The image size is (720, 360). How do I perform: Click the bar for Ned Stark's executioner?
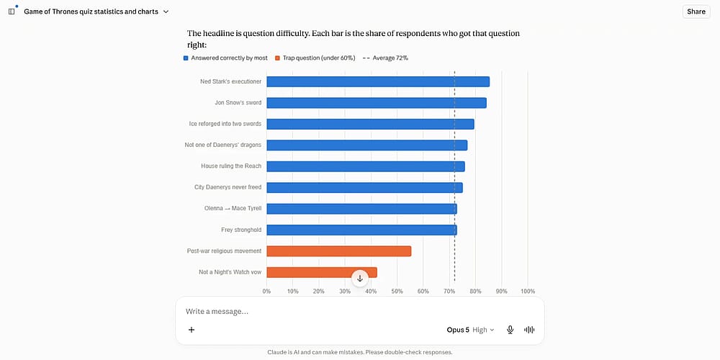click(x=378, y=82)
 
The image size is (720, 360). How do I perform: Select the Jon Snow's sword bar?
click(x=377, y=103)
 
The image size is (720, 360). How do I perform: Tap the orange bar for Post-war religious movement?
click(x=339, y=251)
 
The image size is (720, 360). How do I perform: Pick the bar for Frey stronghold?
click(x=362, y=230)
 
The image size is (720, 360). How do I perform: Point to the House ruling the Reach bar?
click(x=366, y=166)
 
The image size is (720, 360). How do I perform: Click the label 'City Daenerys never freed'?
click(x=228, y=187)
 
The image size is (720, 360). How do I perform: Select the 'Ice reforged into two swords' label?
click(x=225, y=124)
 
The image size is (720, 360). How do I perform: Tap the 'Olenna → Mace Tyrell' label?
click(x=233, y=209)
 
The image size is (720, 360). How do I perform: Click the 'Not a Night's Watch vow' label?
click(x=230, y=272)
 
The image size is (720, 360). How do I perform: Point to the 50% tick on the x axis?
click(x=397, y=292)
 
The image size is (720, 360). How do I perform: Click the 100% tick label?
click(x=528, y=292)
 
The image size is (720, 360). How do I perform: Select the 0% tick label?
click(x=266, y=292)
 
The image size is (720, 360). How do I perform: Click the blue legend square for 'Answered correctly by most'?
click(x=186, y=58)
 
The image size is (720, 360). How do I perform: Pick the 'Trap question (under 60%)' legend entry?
click(x=315, y=58)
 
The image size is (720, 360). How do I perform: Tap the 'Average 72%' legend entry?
click(x=385, y=58)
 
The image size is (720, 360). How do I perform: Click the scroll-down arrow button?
click(x=360, y=278)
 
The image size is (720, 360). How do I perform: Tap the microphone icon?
click(x=510, y=330)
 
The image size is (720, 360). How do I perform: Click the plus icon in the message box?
click(x=192, y=330)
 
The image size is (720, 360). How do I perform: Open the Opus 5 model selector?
click(x=470, y=330)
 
